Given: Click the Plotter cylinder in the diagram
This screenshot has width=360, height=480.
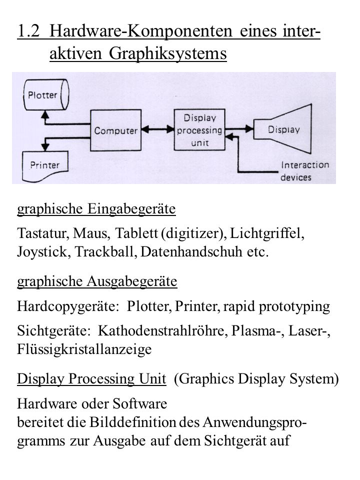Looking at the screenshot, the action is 46,95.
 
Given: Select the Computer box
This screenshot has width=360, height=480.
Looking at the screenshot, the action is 115,130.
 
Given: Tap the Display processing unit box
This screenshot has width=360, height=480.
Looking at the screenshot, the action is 199,130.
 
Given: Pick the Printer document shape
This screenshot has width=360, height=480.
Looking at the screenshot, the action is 45,166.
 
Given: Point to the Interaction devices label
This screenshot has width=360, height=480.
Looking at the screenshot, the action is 305,171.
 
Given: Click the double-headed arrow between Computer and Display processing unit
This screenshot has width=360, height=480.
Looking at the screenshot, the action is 157,129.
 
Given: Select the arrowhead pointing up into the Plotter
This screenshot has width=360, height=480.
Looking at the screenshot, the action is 45,114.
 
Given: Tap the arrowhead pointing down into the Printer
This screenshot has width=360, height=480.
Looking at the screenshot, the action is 45,146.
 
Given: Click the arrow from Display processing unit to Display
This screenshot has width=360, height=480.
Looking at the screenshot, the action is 239,129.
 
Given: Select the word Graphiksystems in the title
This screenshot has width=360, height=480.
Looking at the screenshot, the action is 168,53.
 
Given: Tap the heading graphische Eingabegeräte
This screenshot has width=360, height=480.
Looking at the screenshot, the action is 96,209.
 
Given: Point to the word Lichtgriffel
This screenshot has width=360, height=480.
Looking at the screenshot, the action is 267,233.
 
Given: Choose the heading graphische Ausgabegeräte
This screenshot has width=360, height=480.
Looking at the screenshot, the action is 97,281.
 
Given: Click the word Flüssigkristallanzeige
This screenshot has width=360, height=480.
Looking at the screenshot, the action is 84,349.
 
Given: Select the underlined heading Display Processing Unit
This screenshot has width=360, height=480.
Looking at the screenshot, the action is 91,379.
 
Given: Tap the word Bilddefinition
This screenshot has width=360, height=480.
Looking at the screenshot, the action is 132,422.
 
